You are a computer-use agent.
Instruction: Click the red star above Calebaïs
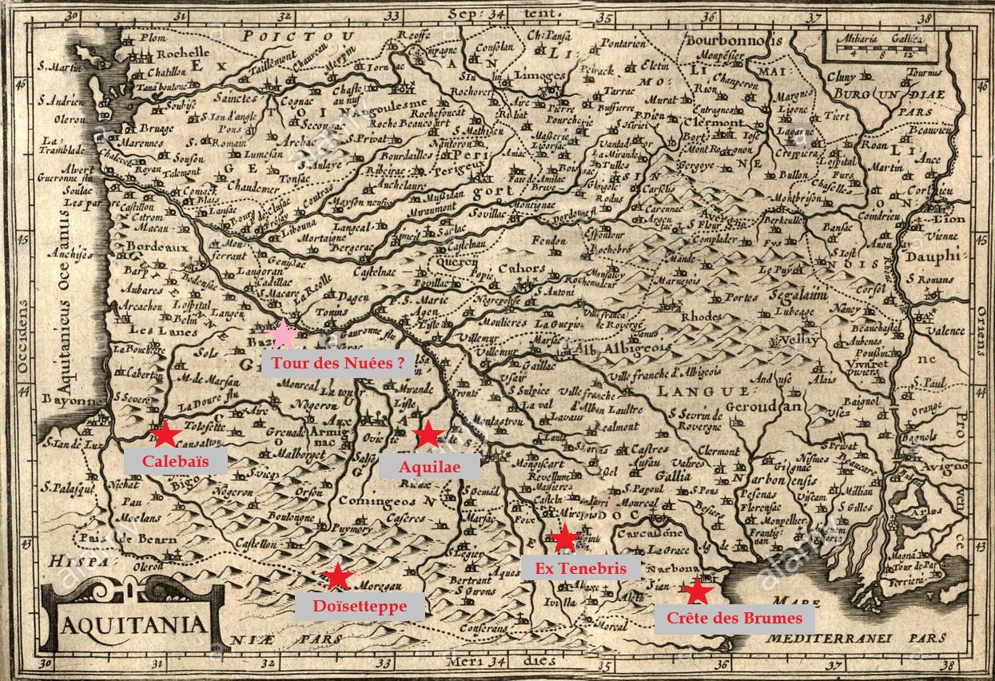click(165, 434)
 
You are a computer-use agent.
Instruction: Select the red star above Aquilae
click(428, 434)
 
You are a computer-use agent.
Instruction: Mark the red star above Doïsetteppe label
click(337, 576)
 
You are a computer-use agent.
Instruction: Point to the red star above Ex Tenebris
click(566, 538)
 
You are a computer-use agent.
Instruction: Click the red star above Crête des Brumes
click(698, 591)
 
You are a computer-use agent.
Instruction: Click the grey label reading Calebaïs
click(176, 461)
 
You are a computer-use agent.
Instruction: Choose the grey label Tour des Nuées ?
click(337, 363)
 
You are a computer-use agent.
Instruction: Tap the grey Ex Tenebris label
click(580, 567)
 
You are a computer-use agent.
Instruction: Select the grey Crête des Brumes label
click(734, 619)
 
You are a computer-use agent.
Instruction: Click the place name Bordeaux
click(157, 247)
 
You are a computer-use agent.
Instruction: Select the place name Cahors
click(521, 269)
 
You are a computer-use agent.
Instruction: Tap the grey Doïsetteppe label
click(360, 606)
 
